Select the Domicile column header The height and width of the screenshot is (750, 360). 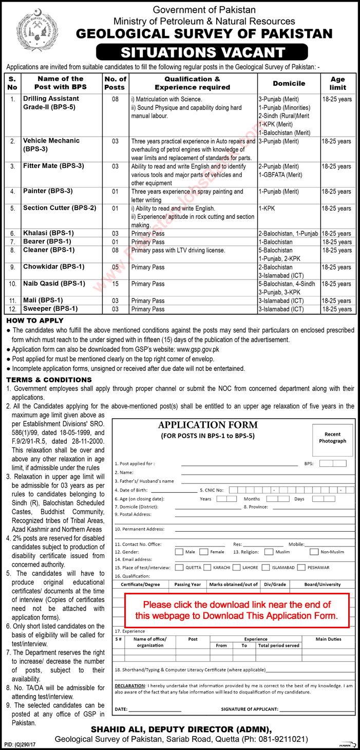tap(289, 83)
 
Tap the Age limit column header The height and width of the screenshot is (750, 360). tap(337, 83)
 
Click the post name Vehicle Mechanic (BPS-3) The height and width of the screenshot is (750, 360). tap(51, 145)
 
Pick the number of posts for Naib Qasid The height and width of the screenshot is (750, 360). tap(116, 284)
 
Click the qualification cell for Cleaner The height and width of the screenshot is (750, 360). tap(178, 250)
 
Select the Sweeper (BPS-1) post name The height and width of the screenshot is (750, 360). tap(50, 309)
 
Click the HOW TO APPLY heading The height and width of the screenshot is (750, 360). tap(28, 321)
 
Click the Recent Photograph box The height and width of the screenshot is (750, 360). tap(332, 438)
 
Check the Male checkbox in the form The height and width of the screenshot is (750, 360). tap(179, 552)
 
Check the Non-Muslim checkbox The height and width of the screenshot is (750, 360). tap(314, 552)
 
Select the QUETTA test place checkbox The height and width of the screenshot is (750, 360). tap(179, 568)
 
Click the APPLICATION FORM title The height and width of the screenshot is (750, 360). tap(208, 425)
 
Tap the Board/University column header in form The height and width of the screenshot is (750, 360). tap(322, 584)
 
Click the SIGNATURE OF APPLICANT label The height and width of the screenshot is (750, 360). tap(249, 709)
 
